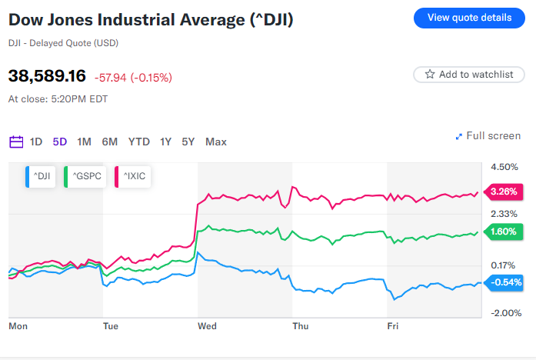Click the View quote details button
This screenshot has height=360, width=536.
pos(469,18)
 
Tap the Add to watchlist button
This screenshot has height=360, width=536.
pos(468,75)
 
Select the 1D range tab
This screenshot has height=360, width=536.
pos(36,142)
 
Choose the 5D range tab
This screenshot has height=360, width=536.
pos(60,142)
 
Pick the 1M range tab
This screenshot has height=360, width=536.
pos(85,142)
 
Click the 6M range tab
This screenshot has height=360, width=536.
pos(110,142)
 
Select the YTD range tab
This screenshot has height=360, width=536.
pos(139,142)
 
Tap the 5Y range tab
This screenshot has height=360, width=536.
pos(188,142)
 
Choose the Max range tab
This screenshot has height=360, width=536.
pos(216,142)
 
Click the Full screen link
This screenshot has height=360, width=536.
pos(488,136)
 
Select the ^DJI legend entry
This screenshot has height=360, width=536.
pos(40,177)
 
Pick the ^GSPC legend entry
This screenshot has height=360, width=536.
pos(85,177)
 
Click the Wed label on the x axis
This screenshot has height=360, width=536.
pos(207,326)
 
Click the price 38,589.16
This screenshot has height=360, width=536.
pos(47,76)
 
